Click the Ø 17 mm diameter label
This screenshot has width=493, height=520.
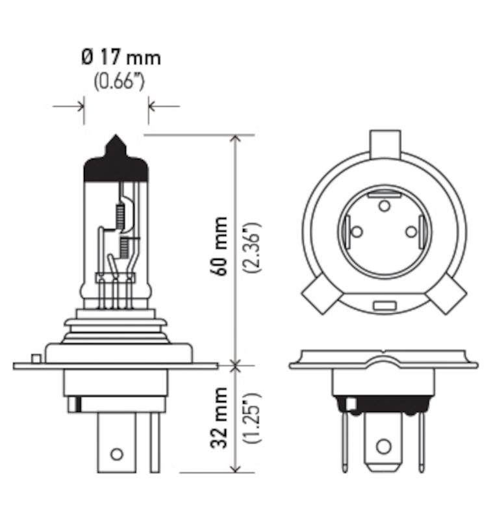(121, 58)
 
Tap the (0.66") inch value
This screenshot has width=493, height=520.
(119, 83)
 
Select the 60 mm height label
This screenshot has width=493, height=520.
(220, 246)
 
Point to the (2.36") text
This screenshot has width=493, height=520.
(253, 247)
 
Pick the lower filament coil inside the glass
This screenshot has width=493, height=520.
(122, 246)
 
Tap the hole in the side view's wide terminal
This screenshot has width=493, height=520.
(116, 454)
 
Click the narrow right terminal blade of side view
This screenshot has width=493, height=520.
(154, 442)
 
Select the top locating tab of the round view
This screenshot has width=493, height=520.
(384, 144)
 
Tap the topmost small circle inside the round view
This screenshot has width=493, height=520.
(384, 206)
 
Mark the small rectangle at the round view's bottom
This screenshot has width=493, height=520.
(384, 304)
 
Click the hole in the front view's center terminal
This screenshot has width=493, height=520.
(383, 447)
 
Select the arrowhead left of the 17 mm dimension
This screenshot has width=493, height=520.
(79, 105)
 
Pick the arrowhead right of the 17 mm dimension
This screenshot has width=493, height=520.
(153, 105)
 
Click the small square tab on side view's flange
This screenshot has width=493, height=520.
(36, 358)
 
